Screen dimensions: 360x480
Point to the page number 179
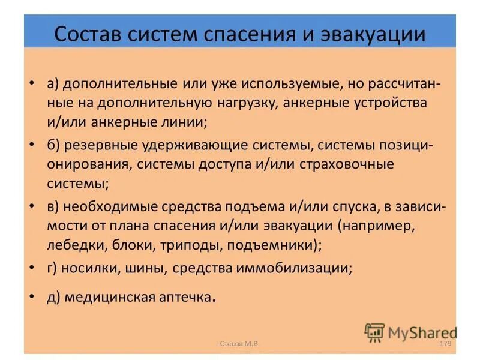(445, 343)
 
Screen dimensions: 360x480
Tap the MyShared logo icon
(375, 332)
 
